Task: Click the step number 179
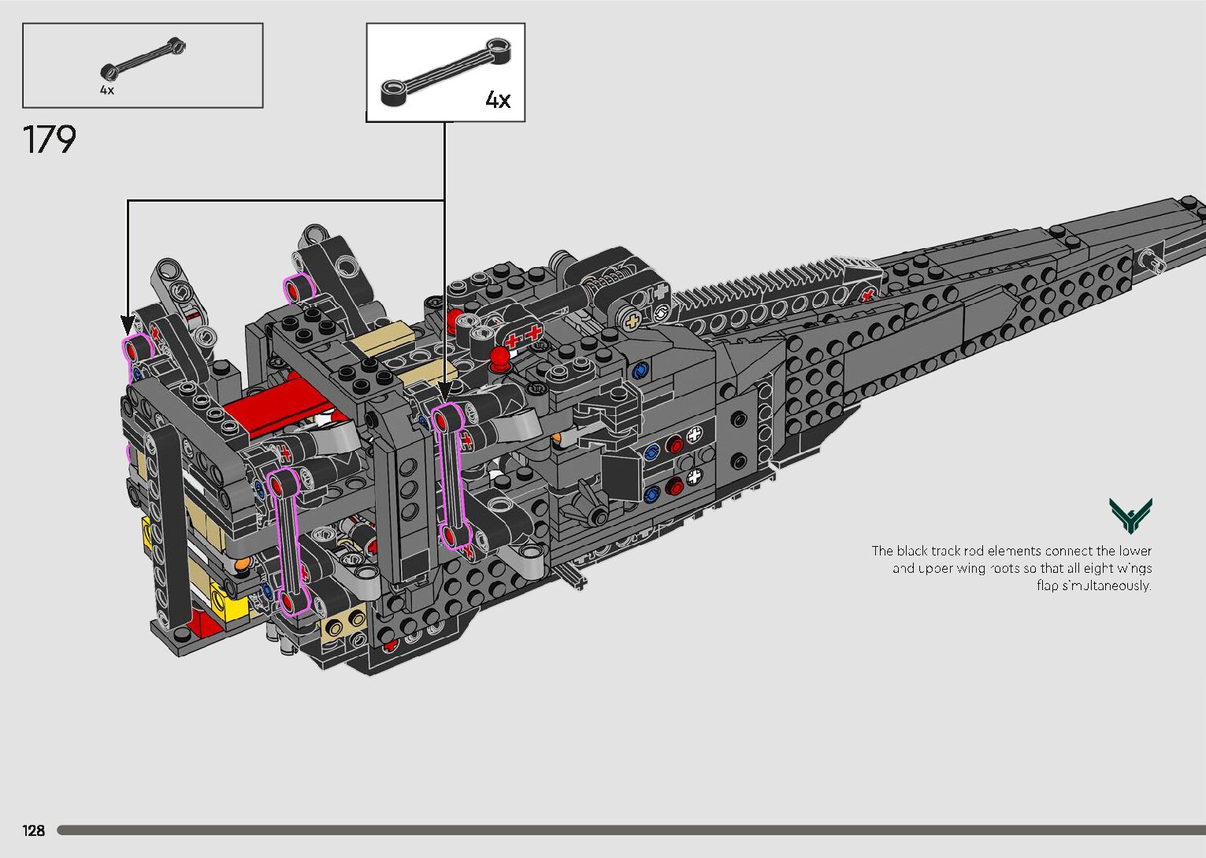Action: tap(50, 139)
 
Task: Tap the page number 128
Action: tap(34, 830)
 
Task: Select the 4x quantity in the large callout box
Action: tap(498, 99)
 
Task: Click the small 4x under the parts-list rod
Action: tap(107, 91)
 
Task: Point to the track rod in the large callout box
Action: tap(444, 72)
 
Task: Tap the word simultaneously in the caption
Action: tap(1106, 585)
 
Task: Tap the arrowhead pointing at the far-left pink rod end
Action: tap(128, 325)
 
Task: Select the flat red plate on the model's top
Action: tap(272, 407)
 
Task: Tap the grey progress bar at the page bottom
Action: tap(630, 830)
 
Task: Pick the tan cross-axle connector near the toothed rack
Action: tap(631, 321)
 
